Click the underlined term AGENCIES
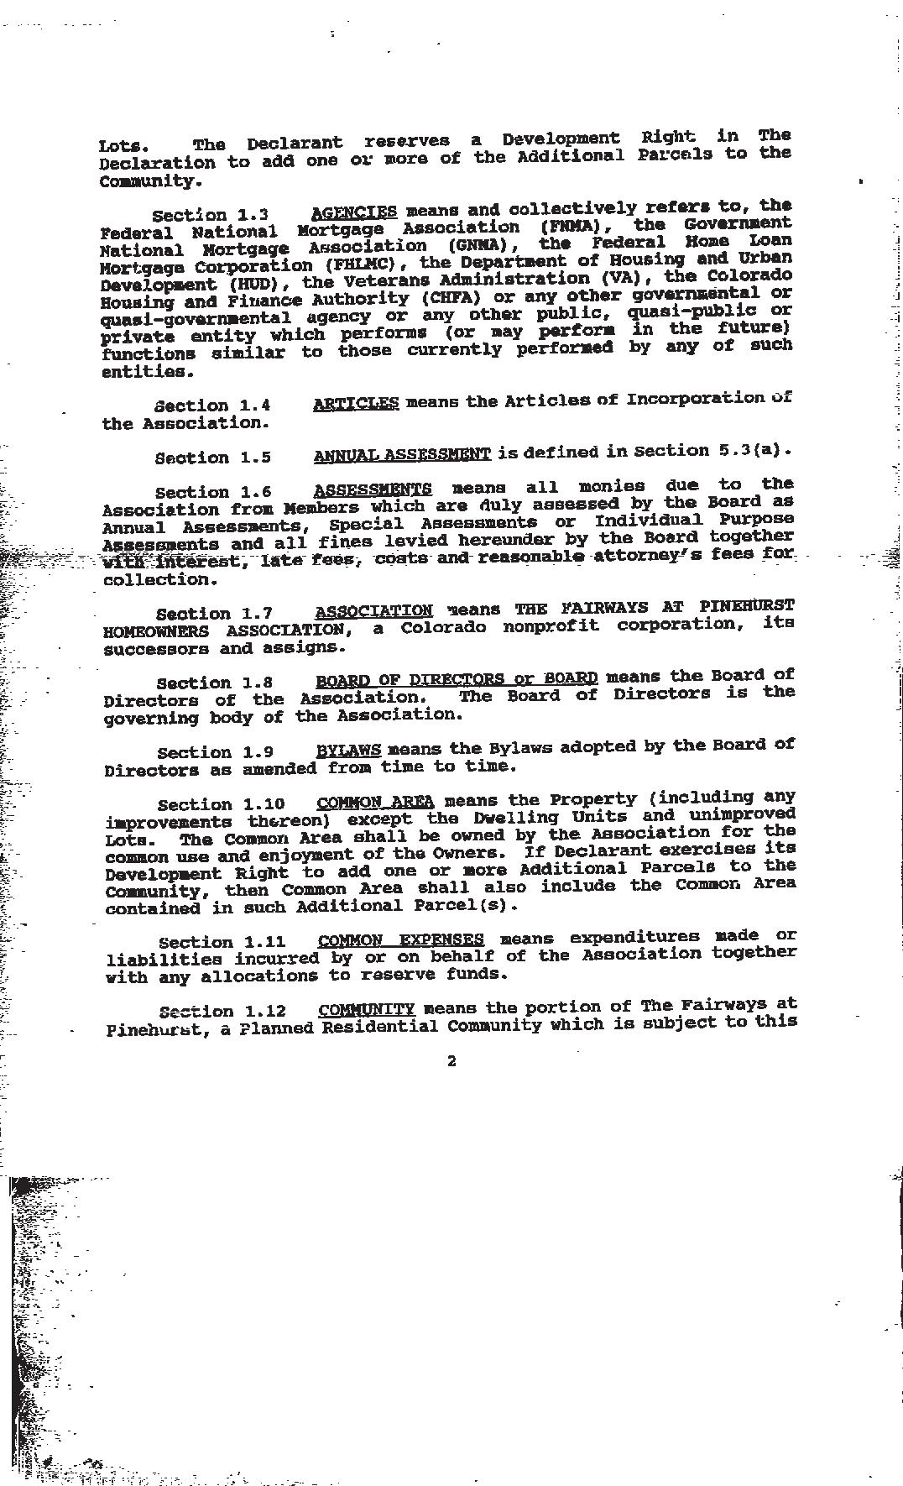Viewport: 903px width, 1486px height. point(353,212)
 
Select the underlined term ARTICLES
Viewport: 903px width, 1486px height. point(356,403)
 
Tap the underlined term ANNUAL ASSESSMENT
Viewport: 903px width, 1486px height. point(402,455)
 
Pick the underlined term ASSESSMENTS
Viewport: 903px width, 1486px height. point(373,489)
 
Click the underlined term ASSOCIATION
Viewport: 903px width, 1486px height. point(374,611)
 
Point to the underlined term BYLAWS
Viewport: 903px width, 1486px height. point(348,750)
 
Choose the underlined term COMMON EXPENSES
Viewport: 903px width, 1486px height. point(401,939)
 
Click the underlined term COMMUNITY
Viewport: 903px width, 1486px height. point(367,1009)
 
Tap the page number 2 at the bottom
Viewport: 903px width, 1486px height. point(451,1061)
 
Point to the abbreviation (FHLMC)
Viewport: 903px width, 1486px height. point(365,264)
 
